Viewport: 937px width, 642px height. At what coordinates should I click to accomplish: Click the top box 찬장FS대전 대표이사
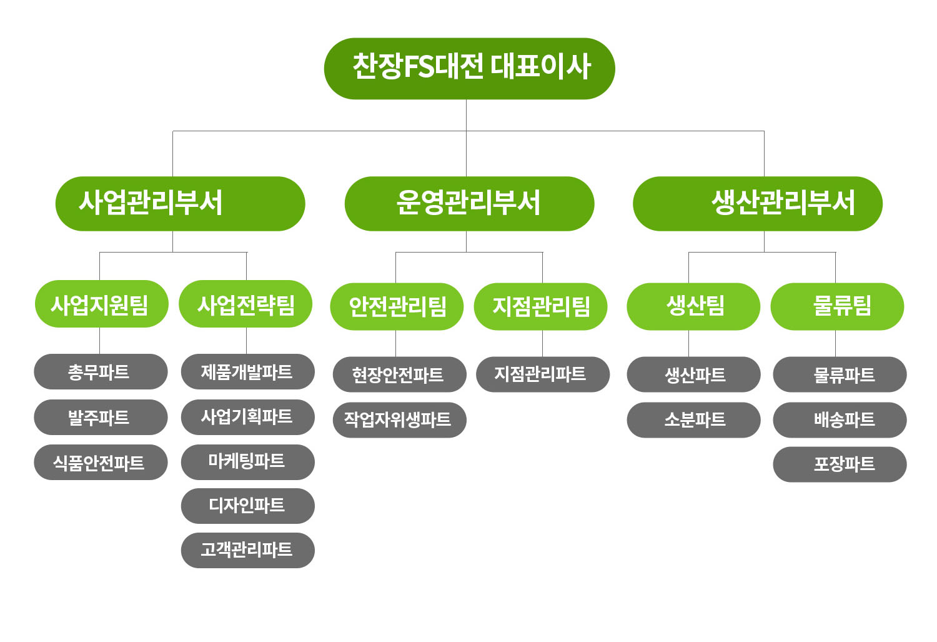point(469,69)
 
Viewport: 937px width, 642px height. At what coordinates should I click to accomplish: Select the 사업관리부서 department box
point(181,203)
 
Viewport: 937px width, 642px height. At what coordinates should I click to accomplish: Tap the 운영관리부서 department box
point(469,203)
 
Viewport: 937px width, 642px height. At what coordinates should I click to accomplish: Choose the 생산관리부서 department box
point(758,203)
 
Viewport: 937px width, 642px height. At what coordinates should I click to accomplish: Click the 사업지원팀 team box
point(102,304)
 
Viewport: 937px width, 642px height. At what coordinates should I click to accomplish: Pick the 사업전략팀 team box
point(245,304)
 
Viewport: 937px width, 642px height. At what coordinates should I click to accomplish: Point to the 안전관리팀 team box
point(397,307)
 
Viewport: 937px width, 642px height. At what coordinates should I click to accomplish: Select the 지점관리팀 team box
point(540,307)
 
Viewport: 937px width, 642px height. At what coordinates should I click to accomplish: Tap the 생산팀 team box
point(693,307)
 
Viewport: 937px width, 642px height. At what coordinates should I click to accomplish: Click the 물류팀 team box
point(837,307)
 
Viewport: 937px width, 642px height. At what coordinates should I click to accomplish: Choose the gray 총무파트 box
point(101,372)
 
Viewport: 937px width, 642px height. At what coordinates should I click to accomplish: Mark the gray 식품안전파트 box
point(101,463)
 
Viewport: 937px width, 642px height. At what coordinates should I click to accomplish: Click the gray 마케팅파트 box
point(247,463)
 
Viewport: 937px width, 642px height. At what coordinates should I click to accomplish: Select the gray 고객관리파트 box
point(247,550)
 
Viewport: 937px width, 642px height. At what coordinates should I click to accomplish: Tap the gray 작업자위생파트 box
point(400,420)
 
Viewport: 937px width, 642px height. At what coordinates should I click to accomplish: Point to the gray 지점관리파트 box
point(543,374)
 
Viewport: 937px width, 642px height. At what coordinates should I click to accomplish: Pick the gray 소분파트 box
point(693,420)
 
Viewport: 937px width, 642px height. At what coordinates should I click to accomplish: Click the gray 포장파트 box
point(840,464)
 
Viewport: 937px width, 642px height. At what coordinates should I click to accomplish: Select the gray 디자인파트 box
point(247,506)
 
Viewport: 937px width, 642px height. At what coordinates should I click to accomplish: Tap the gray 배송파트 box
point(840,420)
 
